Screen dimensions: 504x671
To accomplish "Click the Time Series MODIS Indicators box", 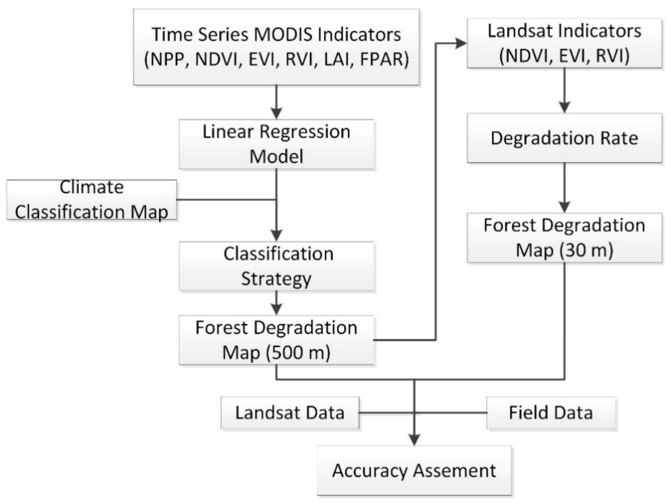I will coord(276,47).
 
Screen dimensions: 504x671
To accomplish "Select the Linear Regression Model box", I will coord(276,144).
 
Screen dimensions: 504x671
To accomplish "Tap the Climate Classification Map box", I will coord(91,199).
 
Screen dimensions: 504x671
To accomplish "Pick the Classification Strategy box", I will coord(276,266).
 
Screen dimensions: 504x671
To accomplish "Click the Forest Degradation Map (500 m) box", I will coord(276,340).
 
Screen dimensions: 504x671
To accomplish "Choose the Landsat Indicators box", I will coord(564,43).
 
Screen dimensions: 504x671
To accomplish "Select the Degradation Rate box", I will coord(564,138).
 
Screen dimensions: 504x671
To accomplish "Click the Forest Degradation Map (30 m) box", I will coord(564,238).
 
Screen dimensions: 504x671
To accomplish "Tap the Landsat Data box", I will coord(290,413).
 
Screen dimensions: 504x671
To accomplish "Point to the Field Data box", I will coord(551,413).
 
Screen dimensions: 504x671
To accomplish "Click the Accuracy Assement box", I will coord(414,470).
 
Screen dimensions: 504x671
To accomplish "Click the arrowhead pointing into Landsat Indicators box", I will coord(461,43).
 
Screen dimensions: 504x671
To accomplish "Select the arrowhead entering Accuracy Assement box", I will coord(414,440).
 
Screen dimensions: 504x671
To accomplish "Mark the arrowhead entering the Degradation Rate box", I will coord(564,107).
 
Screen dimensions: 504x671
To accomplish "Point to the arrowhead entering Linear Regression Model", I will coord(276,113).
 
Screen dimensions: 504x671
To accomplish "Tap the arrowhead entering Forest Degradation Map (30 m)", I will coord(564,207).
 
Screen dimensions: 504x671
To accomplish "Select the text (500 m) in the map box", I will coord(298,353).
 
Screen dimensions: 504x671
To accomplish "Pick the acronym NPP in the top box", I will coord(169,59).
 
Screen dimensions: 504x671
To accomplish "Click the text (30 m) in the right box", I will coord(586,250).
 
